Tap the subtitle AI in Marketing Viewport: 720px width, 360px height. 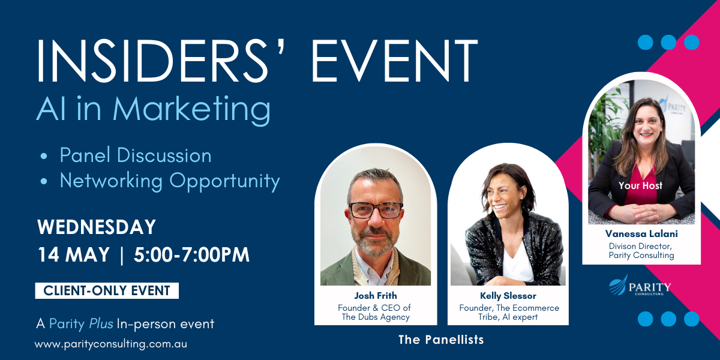coord(154,110)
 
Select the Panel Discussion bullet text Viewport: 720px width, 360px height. coord(136,155)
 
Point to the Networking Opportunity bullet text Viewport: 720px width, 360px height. coord(170,180)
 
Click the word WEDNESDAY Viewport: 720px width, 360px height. coord(97,227)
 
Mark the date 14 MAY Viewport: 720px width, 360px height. coord(73,255)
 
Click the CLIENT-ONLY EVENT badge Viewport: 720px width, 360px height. coord(107,291)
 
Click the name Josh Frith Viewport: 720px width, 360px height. coord(375,296)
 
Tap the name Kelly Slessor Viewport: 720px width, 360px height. coord(508,296)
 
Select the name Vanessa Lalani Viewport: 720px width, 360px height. coord(641,234)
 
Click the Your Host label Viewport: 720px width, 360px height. coord(641,186)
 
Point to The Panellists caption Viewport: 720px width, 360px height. coord(441,340)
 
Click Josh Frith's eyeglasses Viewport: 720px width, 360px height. coord(376,210)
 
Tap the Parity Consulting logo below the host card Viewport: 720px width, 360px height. coord(640,287)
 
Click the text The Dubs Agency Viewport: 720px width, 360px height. coord(375,317)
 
